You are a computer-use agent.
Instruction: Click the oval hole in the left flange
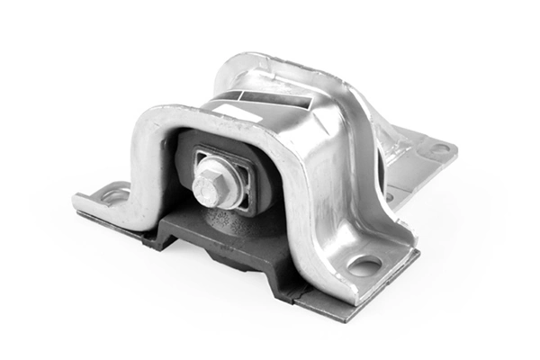coord(114,193)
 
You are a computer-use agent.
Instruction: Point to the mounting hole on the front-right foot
coord(364,265)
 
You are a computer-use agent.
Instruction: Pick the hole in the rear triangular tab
coord(440,149)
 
